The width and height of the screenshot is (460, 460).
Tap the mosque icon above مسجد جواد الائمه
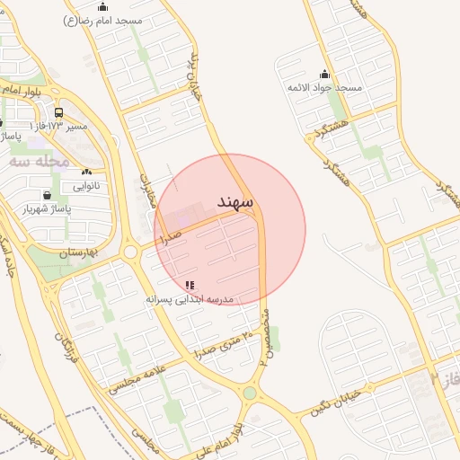tap(324, 74)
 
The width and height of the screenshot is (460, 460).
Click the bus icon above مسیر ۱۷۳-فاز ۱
tap(58, 113)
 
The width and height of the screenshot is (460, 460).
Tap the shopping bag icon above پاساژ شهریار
tap(46, 195)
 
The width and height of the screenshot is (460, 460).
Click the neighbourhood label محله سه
tap(40, 162)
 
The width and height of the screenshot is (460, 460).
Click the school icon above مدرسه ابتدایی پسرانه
tap(189, 285)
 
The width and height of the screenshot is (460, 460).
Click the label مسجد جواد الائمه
tap(324, 87)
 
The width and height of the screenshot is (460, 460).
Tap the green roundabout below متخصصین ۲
tap(250, 394)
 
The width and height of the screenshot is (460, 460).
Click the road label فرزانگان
tap(66, 345)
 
